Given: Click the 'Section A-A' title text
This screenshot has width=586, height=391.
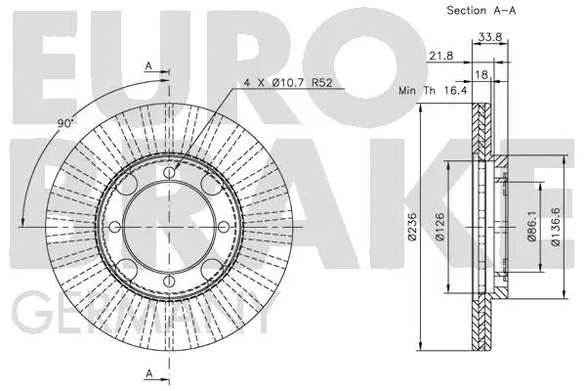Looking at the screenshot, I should coord(482,11).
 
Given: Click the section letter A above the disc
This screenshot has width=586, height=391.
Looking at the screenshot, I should coord(148,65).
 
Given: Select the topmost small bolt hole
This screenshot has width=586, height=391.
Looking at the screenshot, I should coord(170,172).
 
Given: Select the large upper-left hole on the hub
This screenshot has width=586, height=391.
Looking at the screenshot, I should coord(132,189).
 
